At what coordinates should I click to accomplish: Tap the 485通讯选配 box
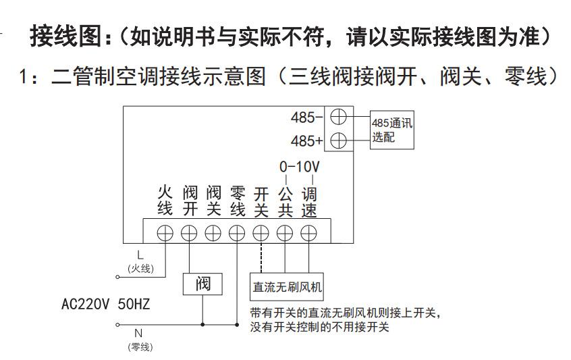tap(391, 130)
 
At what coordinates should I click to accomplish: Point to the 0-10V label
tap(299, 166)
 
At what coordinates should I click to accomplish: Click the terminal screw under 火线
tap(165, 232)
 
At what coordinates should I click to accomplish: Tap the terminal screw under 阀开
tap(189, 232)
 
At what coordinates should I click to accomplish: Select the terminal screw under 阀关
tap(213, 232)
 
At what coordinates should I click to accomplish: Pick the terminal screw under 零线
tap(237, 232)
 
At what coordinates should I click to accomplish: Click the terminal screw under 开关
tap(261, 232)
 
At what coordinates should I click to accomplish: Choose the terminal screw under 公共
tap(285, 232)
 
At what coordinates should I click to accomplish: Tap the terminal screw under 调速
tap(309, 232)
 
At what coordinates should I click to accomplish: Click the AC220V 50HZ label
tap(106, 303)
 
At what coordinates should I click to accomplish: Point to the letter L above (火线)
tap(140, 255)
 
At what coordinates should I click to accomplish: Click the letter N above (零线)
tap(138, 333)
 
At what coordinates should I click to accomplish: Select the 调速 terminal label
tap(309, 201)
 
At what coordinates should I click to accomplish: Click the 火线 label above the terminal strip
tap(165, 201)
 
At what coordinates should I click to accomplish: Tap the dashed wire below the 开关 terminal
tap(261, 257)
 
